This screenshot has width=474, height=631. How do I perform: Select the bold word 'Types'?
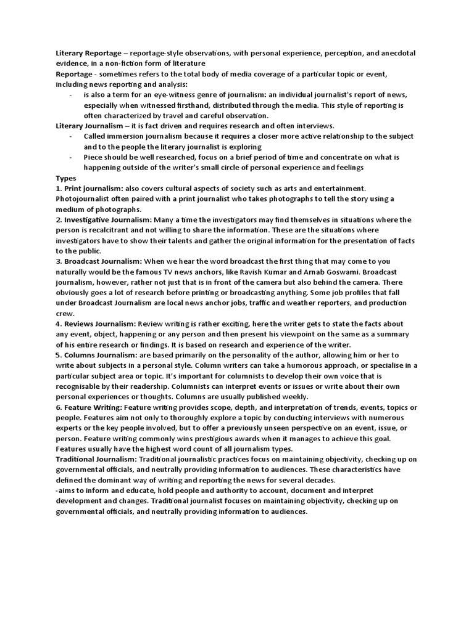[66, 178]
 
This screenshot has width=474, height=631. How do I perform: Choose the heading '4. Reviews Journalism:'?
[96, 324]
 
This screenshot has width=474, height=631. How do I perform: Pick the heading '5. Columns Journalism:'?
[98, 355]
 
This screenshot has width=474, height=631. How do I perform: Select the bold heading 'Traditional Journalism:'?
[96, 460]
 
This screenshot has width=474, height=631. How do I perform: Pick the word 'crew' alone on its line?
[64, 313]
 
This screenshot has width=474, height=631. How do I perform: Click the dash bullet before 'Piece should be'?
[71, 157]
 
